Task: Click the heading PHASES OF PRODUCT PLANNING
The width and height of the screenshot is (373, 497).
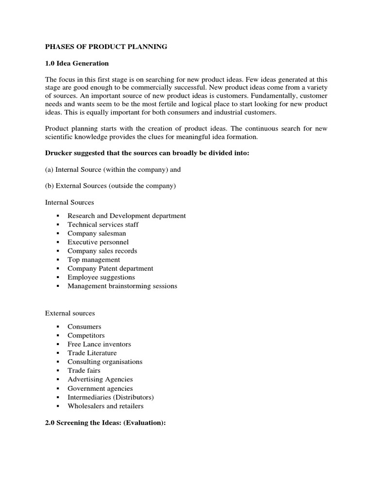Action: (106, 47)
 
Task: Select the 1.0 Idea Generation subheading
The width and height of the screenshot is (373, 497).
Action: (77, 64)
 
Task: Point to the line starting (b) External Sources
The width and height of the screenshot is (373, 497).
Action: (110, 186)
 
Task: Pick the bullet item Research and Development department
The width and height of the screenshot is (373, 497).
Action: (126, 215)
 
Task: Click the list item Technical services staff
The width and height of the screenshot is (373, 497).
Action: (103, 224)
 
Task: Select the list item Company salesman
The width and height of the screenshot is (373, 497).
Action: (97, 233)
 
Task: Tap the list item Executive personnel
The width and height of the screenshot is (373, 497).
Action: (98, 242)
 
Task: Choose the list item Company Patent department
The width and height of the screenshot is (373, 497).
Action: (110, 268)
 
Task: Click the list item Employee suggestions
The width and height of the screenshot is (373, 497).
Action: (101, 277)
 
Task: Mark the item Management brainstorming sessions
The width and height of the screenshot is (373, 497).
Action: (122, 286)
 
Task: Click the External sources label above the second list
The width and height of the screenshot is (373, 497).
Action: (70, 313)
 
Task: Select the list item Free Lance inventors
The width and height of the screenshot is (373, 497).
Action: (99, 344)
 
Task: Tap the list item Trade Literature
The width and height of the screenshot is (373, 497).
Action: (92, 353)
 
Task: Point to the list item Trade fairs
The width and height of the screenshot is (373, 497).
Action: (84, 370)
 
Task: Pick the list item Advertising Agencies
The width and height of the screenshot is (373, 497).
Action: (100, 379)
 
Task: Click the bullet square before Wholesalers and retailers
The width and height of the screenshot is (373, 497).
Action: (58, 406)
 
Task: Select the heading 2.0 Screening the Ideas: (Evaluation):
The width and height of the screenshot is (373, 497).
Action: (105, 423)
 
